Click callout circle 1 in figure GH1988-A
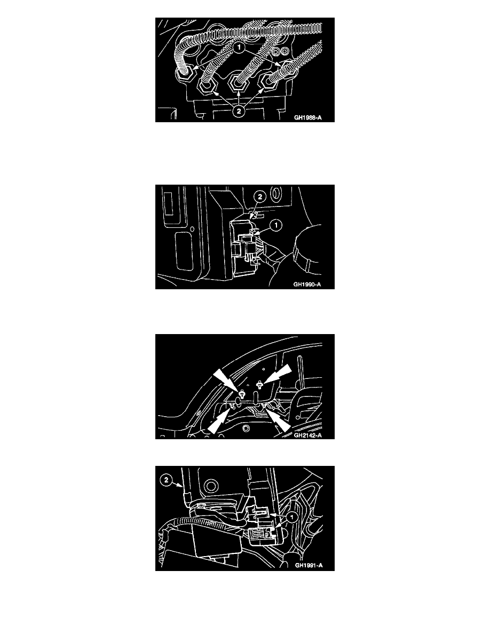(239, 47)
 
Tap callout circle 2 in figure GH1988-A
(239, 110)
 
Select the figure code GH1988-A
(307, 117)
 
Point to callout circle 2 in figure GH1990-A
(259, 197)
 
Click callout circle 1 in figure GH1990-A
(276, 225)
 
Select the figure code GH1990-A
(307, 284)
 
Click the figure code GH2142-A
(307, 435)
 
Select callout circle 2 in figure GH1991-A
(166, 480)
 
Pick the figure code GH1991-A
(309, 565)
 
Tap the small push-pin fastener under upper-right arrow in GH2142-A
(260, 385)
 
